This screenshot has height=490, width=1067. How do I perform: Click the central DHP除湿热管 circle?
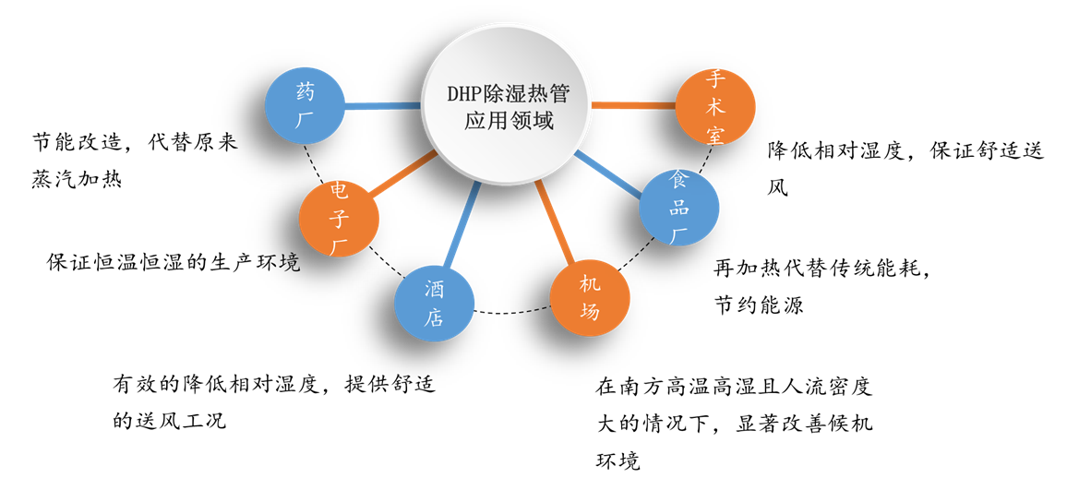(x=506, y=105)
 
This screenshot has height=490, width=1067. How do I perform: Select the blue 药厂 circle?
(x=305, y=105)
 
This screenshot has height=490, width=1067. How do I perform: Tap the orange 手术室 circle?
(x=715, y=106)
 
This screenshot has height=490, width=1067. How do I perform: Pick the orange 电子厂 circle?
(x=339, y=219)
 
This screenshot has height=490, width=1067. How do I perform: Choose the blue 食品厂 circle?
(x=679, y=208)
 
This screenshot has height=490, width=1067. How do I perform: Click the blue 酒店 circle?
(x=435, y=304)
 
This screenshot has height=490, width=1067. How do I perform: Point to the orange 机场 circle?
(x=590, y=297)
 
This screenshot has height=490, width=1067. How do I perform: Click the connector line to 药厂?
(x=382, y=106)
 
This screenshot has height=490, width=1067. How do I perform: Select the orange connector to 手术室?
(x=633, y=105)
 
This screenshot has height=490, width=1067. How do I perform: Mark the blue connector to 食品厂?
(x=607, y=173)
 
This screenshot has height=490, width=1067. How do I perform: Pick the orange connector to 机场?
(x=555, y=222)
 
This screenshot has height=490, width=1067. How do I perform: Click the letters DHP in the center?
(x=465, y=94)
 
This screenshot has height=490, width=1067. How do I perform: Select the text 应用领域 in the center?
(x=509, y=121)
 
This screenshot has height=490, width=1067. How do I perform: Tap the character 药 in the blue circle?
(x=306, y=92)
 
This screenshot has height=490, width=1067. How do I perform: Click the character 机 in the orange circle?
(x=590, y=283)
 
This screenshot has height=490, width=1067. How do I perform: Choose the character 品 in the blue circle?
(x=679, y=208)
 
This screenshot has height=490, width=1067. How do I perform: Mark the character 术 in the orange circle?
(x=715, y=106)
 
